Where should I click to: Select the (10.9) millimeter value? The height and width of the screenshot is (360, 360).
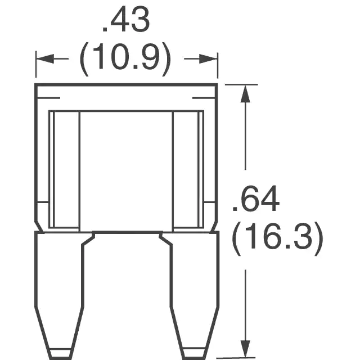point(125,59)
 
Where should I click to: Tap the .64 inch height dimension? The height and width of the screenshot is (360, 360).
point(256,198)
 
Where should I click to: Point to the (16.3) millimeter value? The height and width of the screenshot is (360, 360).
point(277,238)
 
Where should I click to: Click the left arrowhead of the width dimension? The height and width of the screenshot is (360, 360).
point(45,58)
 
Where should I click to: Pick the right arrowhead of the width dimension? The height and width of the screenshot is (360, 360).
point(208,59)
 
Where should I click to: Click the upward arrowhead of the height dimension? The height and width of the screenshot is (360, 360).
point(245,94)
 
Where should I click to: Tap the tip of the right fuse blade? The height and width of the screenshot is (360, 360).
point(194,358)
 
